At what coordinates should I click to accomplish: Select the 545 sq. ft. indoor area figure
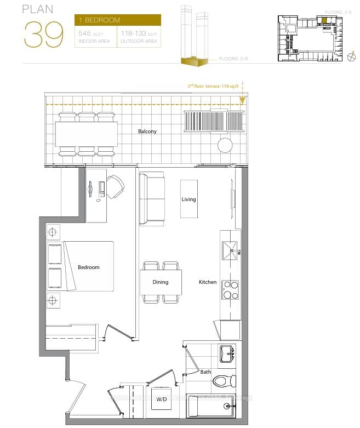click(x=94, y=37)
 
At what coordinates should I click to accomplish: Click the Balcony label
click(x=147, y=132)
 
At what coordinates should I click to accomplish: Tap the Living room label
click(x=188, y=199)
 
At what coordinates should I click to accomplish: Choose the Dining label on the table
click(x=161, y=282)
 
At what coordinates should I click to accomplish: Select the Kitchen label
click(x=207, y=282)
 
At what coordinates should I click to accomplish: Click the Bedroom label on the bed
click(x=88, y=267)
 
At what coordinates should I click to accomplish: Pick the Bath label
click(x=205, y=372)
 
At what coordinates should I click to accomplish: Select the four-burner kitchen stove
click(x=230, y=289)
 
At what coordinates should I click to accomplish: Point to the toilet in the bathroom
click(x=225, y=381)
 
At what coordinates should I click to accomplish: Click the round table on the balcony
click(x=225, y=145)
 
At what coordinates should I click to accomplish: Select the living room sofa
click(x=152, y=198)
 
